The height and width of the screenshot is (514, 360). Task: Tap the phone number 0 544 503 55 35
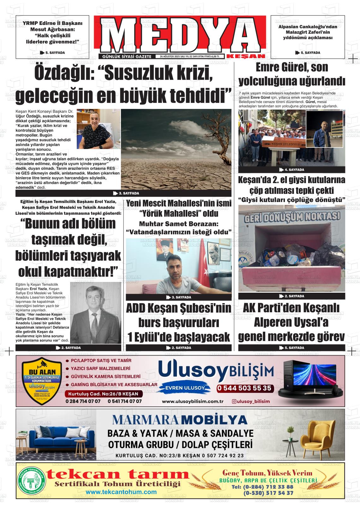coord(244,388)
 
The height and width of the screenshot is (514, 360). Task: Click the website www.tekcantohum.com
coord(121,492)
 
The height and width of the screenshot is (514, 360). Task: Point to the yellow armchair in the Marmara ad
coord(317,437)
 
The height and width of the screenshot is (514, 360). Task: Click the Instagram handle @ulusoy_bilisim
coord(251,401)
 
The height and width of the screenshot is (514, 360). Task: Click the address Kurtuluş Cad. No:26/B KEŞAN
coord(104,394)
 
